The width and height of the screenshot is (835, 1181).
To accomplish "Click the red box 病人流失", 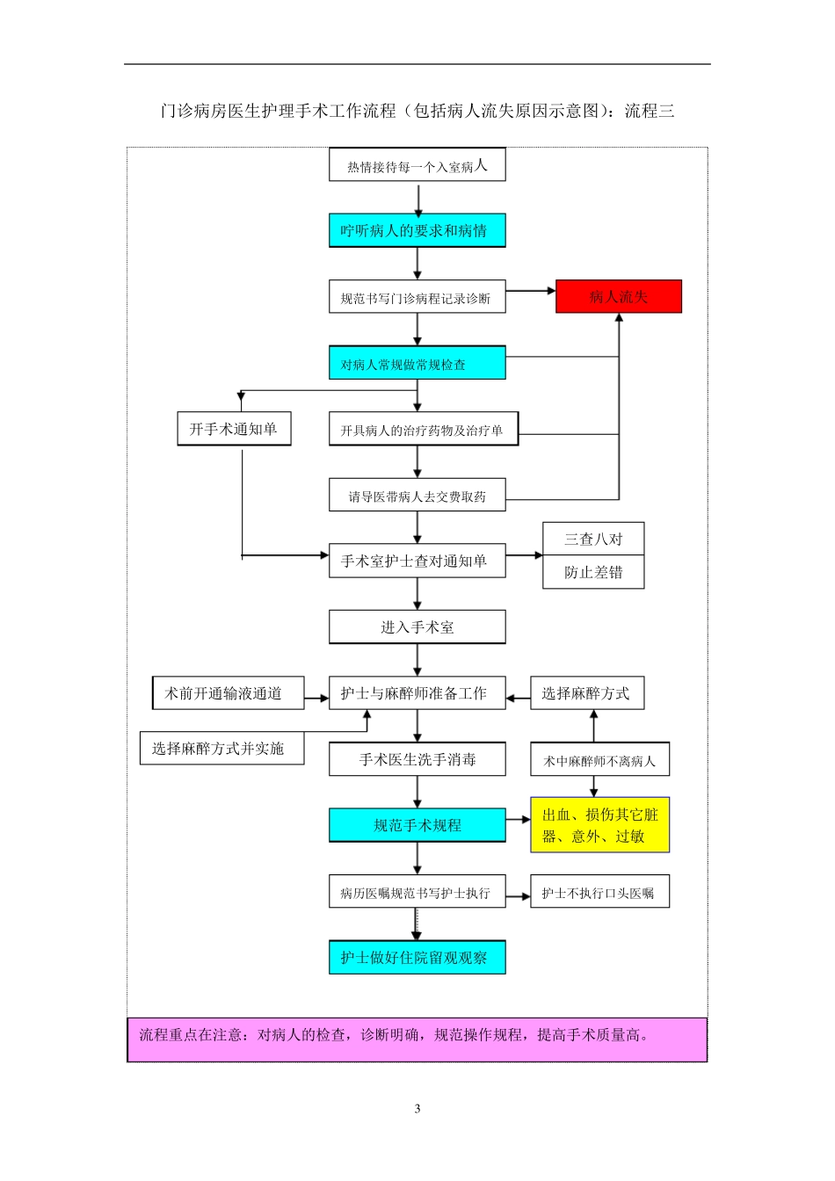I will click(618, 297).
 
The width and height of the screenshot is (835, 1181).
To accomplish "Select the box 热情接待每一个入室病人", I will click(417, 165).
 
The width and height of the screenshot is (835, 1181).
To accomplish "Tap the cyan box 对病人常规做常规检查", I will click(417, 363).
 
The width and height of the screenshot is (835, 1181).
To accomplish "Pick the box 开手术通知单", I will click(234, 429).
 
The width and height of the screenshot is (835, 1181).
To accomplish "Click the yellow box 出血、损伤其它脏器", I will click(599, 825).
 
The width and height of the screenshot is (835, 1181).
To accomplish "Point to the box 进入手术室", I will click(417, 627).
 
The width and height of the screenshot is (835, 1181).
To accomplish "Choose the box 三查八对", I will click(593, 539).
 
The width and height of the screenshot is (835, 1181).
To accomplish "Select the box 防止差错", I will click(593, 572).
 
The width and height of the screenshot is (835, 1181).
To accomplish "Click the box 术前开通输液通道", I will click(229, 692).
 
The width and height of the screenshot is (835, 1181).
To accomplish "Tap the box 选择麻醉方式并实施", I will click(221, 748).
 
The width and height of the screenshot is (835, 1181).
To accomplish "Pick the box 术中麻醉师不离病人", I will click(599, 760).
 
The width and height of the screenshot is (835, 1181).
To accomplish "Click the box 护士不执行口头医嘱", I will click(599, 892).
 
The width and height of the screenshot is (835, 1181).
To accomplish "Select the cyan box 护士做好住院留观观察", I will click(417, 958).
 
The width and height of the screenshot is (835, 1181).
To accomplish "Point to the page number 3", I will click(417, 1108).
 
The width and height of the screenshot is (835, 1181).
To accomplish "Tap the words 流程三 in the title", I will click(650, 111).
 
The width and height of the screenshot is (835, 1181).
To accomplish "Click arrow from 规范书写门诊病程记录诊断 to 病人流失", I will click(531, 290).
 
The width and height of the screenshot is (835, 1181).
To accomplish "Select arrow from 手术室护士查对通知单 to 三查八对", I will click(525, 555).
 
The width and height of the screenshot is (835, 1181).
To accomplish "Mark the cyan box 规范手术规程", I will click(417, 825).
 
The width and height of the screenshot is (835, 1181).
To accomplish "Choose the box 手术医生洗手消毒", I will click(417, 759).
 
